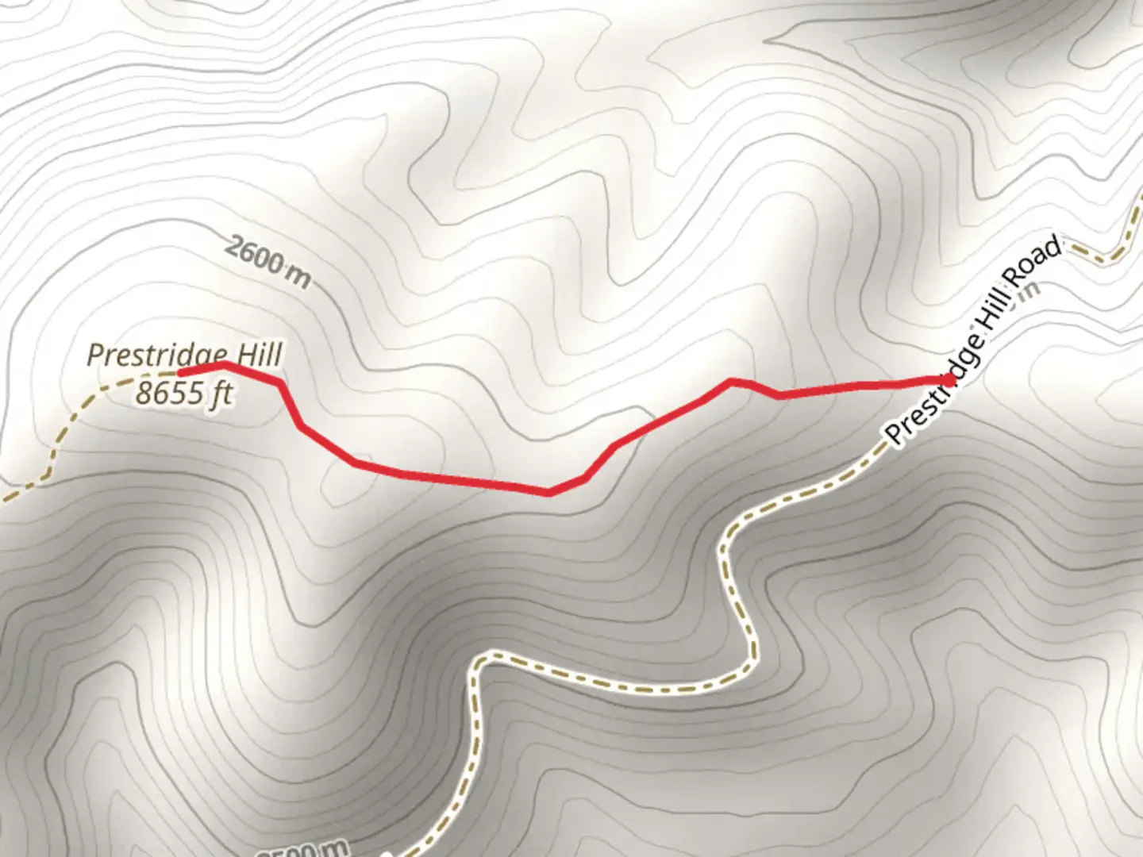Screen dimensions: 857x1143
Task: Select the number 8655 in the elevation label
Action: point(167,393)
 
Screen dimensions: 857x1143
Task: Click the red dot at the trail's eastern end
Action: point(950,380)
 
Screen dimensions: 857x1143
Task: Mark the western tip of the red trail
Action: point(181,371)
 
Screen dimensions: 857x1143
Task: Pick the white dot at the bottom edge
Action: point(387,854)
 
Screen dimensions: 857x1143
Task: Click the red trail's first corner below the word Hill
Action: point(279,382)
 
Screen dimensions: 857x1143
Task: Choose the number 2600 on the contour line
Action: point(253,256)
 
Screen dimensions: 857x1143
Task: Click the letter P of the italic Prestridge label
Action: point(94,355)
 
